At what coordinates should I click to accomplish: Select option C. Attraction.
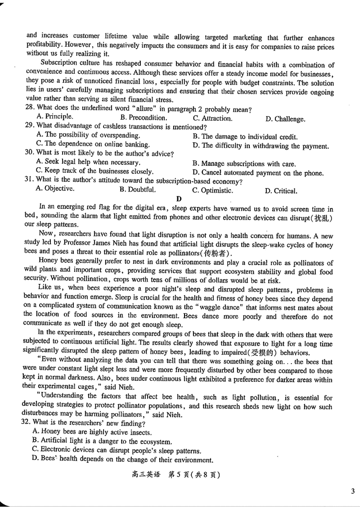[212, 118]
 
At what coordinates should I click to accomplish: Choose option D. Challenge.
[285, 119]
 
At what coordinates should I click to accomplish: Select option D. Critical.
[281, 191]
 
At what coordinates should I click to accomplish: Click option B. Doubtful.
[138, 189]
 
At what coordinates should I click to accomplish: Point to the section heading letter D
[179, 199]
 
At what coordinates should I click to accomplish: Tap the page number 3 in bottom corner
[353, 491]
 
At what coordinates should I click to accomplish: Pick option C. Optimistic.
[212, 190]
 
